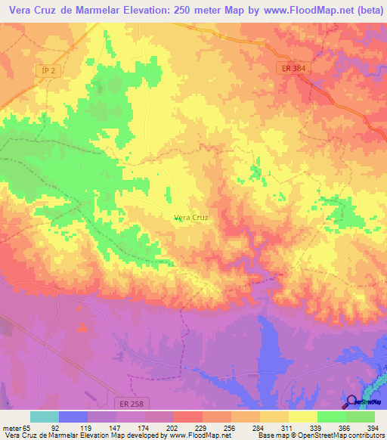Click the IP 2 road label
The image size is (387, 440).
click(49, 70)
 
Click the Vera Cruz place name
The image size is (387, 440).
click(191, 217)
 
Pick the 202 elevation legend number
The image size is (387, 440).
click(159, 427)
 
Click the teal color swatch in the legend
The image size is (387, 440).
click(45, 417)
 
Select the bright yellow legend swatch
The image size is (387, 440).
click(303, 417)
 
